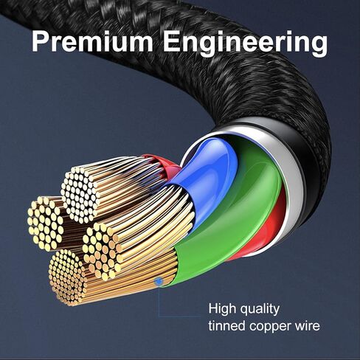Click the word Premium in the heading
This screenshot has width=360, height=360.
[92, 42]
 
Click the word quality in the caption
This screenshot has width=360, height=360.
[260, 310]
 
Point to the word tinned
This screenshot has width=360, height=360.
[226, 326]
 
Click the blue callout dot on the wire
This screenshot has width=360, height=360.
[159, 281]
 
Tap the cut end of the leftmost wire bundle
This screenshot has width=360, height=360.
[46, 223]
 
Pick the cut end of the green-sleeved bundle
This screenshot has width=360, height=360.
[102, 251]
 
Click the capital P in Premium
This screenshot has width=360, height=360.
[41, 42]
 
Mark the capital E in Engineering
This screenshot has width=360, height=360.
[172, 42]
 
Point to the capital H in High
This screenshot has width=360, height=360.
[212, 308]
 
